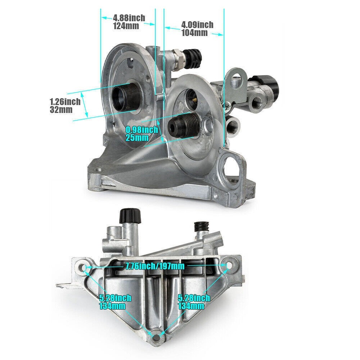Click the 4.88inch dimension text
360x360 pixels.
tap(129, 18)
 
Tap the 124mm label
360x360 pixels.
tap(126, 26)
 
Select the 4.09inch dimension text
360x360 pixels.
tap(197, 24)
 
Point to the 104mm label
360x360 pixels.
tap(194, 33)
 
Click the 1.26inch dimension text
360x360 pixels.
tap(65, 102)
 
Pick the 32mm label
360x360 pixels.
tap(61, 109)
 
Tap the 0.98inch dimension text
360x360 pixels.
tap(142, 130)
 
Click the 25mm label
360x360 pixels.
tap(137, 138)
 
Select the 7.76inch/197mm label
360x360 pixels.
tap(155, 266)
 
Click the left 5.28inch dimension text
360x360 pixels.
tap(115, 298)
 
